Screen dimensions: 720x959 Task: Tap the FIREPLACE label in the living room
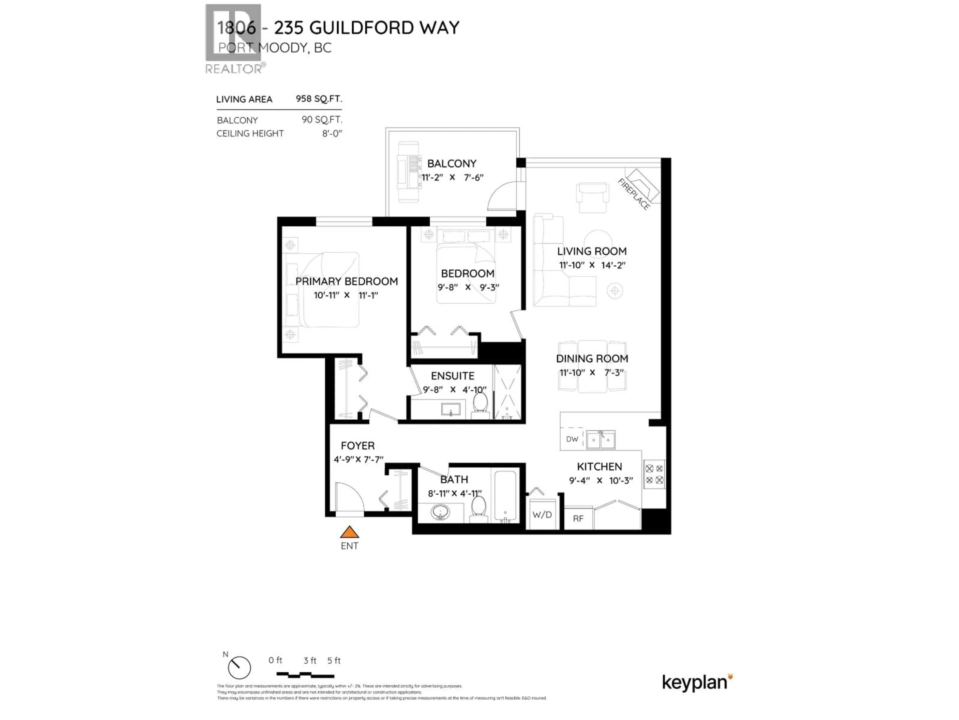[x=633, y=194]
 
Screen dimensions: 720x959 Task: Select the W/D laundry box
[x=542, y=515]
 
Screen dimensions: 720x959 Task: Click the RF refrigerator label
[x=578, y=519]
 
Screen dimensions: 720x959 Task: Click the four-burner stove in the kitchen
[x=654, y=474]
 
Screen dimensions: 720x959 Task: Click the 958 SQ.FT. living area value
[x=319, y=99]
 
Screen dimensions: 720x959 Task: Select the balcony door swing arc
[x=502, y=196]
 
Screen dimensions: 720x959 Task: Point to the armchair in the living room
[x=591, y=197]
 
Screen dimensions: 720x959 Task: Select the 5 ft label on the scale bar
[x=334, y=660]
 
